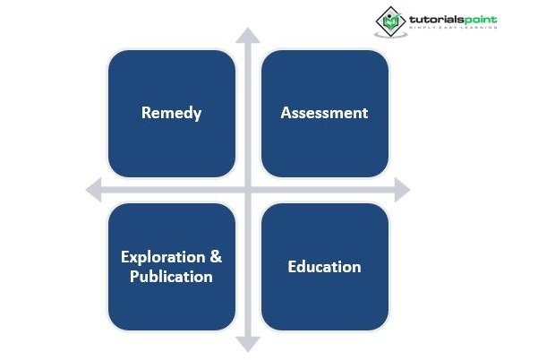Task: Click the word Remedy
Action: (x=171, y=113)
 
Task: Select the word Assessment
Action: (x=324, y=113)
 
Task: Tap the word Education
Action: (x=324, y=267)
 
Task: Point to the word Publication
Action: (x=171, y=277)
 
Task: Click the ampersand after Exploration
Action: (x=216, y=257)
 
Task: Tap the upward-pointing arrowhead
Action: (x=248, y=35)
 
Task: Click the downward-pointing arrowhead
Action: (x=248, y=345)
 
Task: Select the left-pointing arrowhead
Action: (x=94, y=190)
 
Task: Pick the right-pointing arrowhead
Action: (x=403, y=190)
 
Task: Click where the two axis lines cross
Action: (x=248, y=190)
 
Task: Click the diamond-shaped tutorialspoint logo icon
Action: (x=390, y=21)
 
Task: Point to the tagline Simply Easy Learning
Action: (x=453, y=27)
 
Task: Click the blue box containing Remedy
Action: (x=172, y=114)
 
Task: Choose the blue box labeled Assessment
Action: (x=325, y=114)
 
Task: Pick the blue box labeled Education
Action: (x=325, y=267)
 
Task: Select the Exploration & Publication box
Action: (x=172, y=267)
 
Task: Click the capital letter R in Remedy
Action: (x=146, y=113)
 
